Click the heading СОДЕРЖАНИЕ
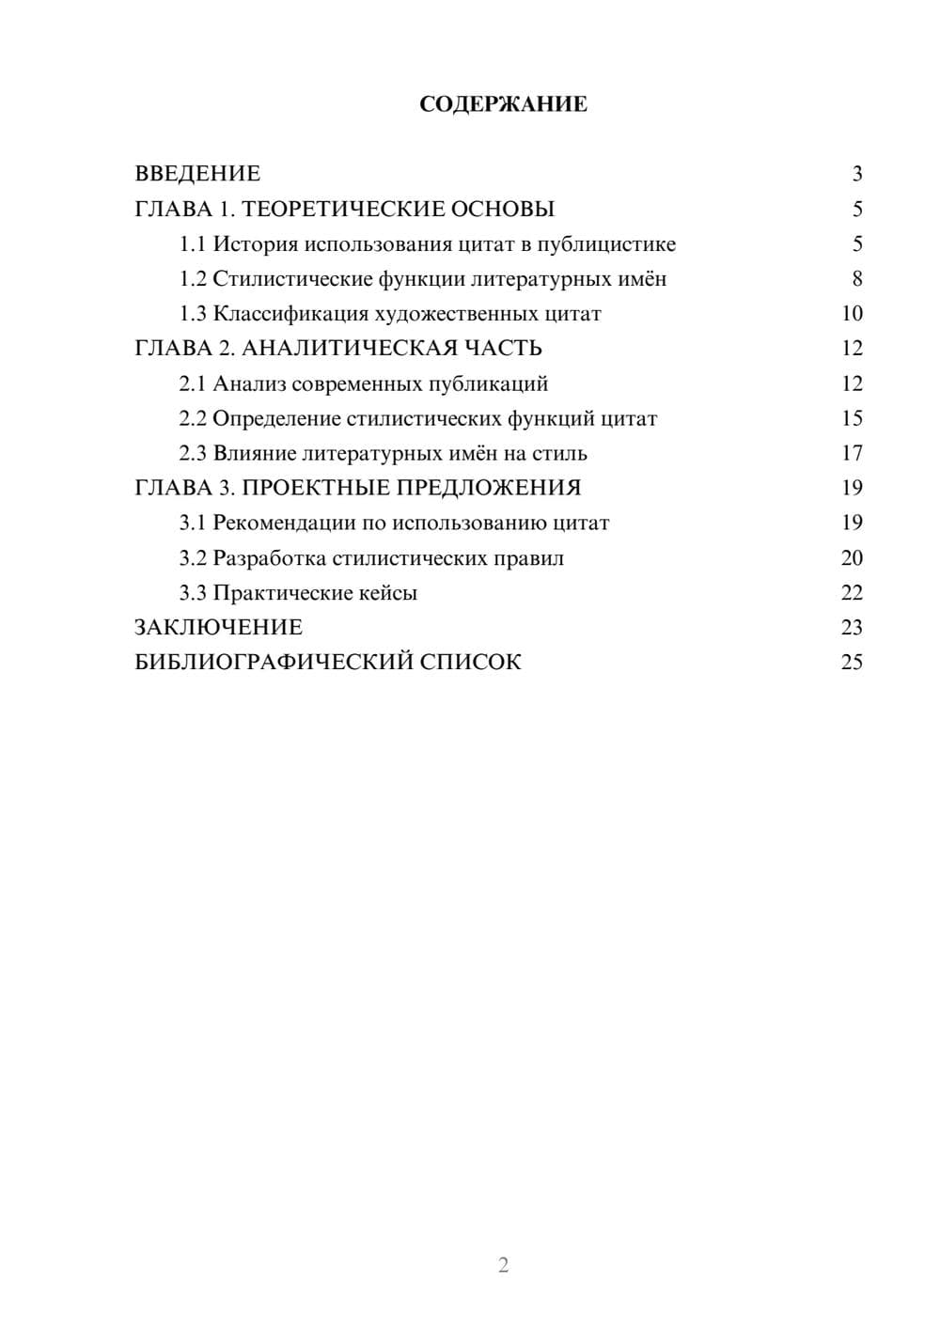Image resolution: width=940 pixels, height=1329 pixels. tap(503, 104)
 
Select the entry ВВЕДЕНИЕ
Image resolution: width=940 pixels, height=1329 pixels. tap(197, 174)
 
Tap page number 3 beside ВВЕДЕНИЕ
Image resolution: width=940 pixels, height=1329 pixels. tap(856, 174)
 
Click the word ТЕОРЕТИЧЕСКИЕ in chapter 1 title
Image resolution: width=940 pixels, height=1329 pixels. tap(342, 209)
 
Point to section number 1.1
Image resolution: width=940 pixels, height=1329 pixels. tap(192, 244)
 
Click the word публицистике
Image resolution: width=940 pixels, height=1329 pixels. tap(606, 244)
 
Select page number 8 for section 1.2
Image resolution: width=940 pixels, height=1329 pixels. tap(856, 279)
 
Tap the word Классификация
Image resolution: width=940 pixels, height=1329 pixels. tap(290, 314)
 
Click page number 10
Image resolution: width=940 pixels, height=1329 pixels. tap(852, 314)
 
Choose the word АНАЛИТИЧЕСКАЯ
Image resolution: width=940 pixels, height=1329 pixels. tap(349, 349)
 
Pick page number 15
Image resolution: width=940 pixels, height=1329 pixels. tap(852, 418)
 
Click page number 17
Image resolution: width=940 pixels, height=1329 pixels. tap(852, 453)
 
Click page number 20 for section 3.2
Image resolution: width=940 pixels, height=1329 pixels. tap(852, 558)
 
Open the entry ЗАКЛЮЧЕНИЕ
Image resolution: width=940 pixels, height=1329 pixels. tap(218, 628)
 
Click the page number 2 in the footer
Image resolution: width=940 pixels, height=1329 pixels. tap(503, 1265)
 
